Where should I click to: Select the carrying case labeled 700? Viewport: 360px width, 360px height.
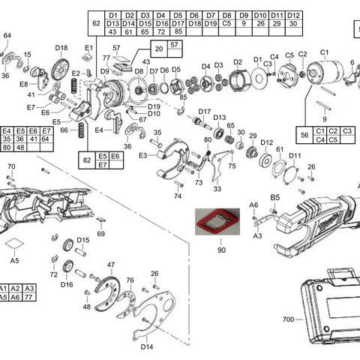point(330,307)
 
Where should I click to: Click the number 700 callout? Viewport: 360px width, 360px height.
point(288,319)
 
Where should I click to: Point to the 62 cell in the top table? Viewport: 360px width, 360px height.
point(95,23)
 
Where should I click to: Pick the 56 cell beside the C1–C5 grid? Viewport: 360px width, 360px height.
point(304,135)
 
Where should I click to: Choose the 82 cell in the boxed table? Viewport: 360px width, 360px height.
point(87,160)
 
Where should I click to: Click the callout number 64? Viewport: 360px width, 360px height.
point(7,35)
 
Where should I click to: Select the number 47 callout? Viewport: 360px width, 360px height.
point(110,265)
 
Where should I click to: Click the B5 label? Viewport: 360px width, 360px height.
point(275,197)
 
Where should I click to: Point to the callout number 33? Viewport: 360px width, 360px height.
point(217,189)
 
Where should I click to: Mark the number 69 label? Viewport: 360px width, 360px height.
point(101,234)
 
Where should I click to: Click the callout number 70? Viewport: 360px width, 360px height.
point(10,166)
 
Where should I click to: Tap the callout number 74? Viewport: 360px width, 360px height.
point(178,196)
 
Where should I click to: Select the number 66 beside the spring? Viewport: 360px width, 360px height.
point(64,130)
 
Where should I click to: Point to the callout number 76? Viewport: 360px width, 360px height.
point(130,280)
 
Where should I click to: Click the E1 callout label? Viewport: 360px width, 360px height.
point(88,48)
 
